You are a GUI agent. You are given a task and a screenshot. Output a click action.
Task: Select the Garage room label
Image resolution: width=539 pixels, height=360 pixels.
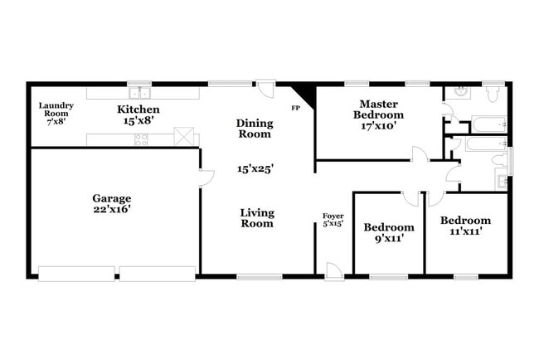coord(111,198)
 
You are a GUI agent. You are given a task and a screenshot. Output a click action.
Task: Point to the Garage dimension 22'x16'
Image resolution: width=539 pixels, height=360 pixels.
coord(111,210)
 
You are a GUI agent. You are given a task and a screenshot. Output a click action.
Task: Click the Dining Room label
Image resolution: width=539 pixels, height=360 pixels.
coord(255,128)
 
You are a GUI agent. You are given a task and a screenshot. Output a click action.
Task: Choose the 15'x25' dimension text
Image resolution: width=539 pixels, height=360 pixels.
coord(255,168)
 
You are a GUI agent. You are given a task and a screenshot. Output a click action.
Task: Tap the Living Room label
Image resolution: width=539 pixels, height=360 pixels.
coord(257,217)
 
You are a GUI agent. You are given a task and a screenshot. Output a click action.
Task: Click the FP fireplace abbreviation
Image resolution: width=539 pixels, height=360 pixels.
coord(295,108)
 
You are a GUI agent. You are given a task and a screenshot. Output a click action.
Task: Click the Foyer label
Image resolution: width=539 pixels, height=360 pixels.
coord(333,216)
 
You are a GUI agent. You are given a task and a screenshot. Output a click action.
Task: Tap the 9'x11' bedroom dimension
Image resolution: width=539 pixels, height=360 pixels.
coord(389,241)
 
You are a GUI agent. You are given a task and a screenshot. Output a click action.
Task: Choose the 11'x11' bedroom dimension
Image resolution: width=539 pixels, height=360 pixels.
coord(464,232)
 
